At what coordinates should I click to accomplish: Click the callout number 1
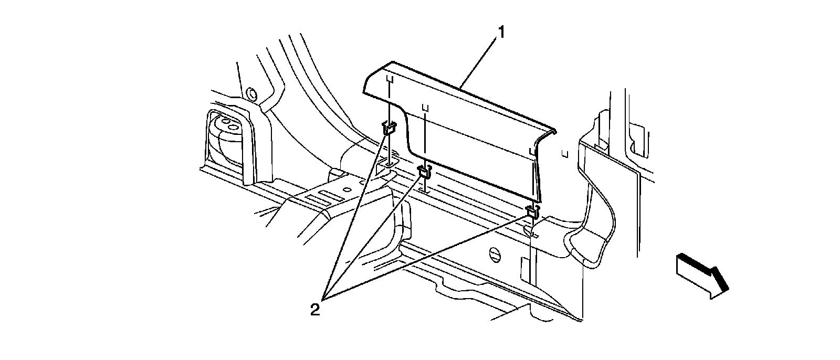point(501,33)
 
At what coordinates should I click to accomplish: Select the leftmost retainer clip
point(389,128)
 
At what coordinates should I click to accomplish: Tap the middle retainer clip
point(425,171)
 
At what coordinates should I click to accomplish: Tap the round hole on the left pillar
point(251,94)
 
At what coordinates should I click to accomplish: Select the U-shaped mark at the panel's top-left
point(390,79)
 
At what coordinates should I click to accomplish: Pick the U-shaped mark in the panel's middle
point(425,108)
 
